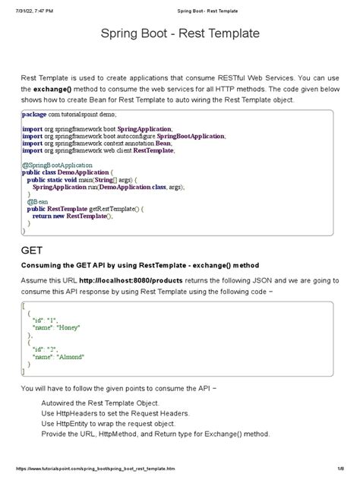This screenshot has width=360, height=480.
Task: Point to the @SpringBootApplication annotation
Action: (58, 164)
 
